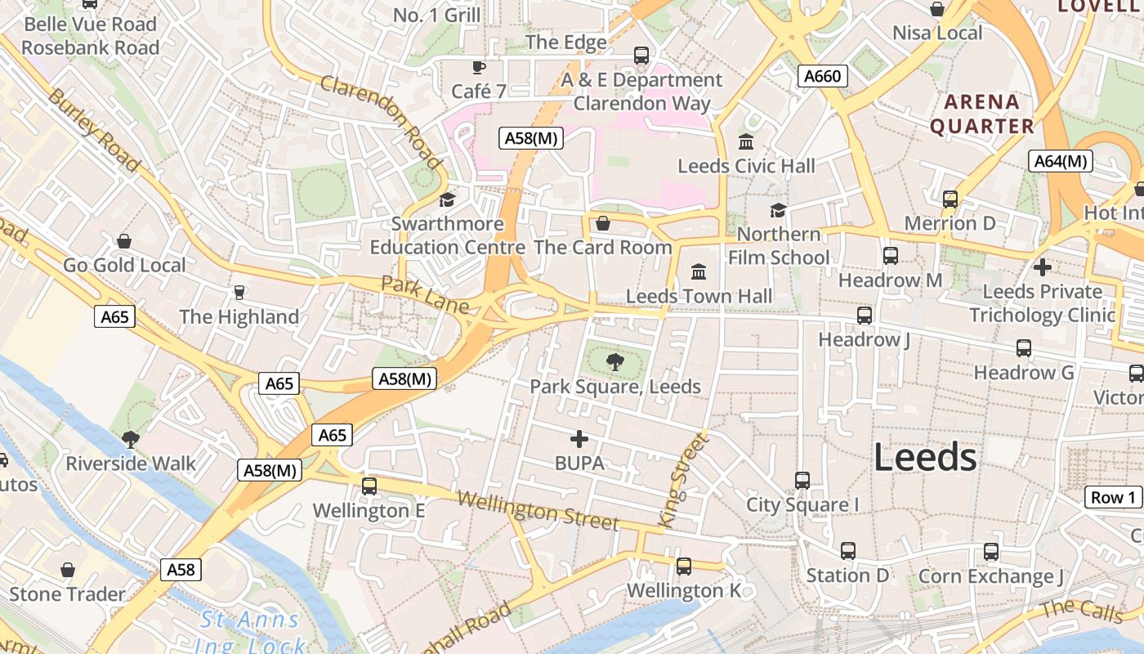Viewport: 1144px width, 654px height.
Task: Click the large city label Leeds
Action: (925, 457)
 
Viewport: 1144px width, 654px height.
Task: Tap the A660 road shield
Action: (822, 77)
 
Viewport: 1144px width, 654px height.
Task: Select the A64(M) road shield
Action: (1061, 161)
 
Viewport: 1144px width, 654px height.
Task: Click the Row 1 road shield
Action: (1113, 497)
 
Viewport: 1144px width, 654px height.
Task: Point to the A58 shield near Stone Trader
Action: (181, 569)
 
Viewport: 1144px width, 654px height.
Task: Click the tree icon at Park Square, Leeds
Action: (615, 361)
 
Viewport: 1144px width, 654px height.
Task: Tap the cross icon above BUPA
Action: (579, 439)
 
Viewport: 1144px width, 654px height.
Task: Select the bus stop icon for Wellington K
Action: (684, 566)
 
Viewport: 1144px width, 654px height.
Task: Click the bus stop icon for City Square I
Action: (802, 480)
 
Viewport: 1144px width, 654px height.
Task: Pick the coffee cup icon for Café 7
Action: (479, 67)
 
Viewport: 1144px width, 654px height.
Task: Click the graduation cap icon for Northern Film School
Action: (778, 210)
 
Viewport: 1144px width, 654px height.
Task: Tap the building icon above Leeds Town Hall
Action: (699, 271)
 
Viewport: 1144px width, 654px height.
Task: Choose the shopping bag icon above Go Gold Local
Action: (124, 241)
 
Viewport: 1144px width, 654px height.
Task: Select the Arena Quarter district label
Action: (982, 114)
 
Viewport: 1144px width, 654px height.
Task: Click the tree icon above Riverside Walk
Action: (130, 439)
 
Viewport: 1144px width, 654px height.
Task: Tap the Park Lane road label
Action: (425, 294)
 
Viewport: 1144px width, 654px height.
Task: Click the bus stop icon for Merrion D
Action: (950, 199)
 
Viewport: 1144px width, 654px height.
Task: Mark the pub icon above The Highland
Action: (239, 292)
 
